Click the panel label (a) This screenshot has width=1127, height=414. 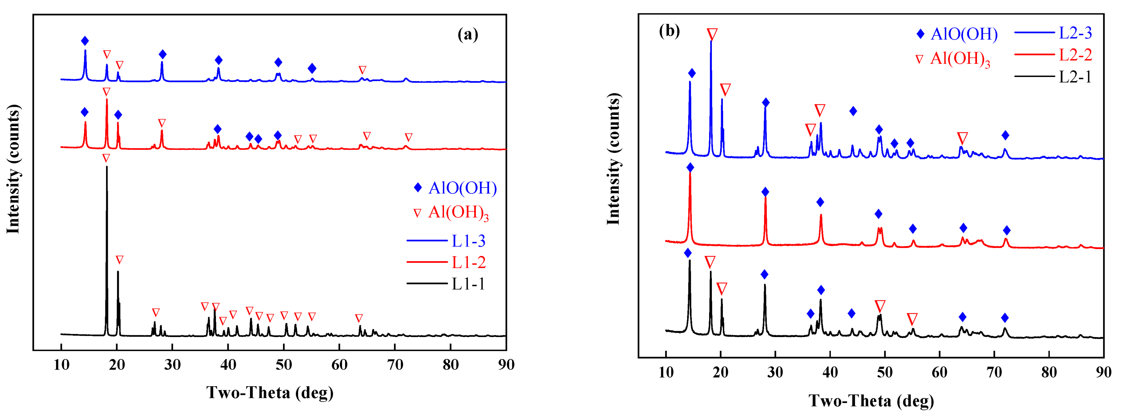pyautogui.click(x=468, y=34)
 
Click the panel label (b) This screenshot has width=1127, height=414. pyautogui.click(x=669, y=31)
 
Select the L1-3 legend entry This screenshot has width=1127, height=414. pyautogui.click(x=468, y=241)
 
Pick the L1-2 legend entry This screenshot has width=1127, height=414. pyautogui.click(x=468, y=262)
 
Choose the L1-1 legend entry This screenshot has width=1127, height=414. pyautogui.click(x=468, y=284)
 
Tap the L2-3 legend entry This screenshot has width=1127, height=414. pyautogui.click(x=1075, y=33)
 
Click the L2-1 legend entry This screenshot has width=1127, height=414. pyautogui.click(x=1075, y=77)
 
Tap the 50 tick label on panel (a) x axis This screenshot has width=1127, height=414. pyautogui.click(x=284, y=365)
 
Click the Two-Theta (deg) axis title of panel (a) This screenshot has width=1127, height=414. pyautogui.click(x=270, y=393)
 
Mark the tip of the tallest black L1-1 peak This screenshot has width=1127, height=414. pyautogui.click(x=106, y=167)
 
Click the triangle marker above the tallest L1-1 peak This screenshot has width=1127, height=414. pyautogui.click(x=106, y=158)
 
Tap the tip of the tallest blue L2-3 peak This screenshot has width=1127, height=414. pyautogui.click(x=711, y=41)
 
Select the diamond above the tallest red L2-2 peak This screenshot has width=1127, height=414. pyautogui.click(x=690, y=168)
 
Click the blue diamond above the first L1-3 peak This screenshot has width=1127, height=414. pyautogui.click(x=85, y=41)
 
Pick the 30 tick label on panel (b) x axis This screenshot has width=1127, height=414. pyautogui.click(x=775, y=372)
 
